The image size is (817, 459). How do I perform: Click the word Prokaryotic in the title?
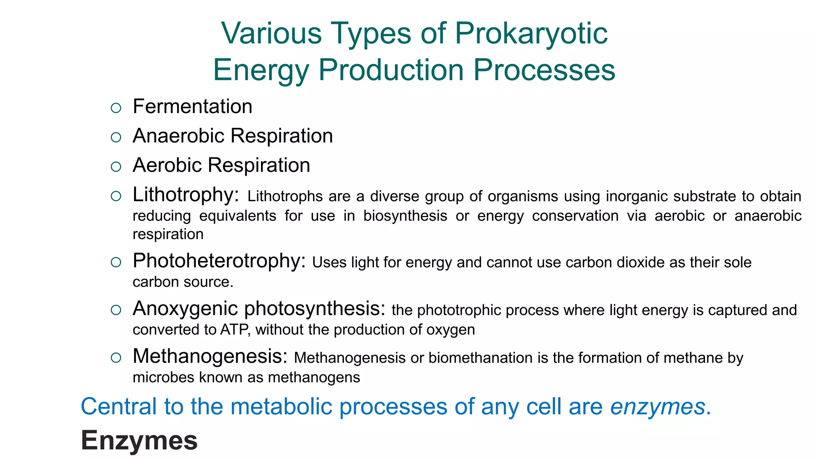[531, 33]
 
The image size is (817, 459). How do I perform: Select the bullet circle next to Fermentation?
[116, 108]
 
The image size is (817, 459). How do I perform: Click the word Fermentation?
[192, 107]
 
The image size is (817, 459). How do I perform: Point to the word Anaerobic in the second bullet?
[179, 136]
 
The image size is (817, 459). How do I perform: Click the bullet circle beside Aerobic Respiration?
[116, 167]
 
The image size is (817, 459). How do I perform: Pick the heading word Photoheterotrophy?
[219, 261]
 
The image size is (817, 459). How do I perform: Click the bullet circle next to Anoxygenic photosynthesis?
[116, 310]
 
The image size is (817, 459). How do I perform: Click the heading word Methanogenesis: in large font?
[210, 356]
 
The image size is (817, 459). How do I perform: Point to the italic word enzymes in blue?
[657, 407]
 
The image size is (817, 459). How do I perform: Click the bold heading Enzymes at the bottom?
[139, 441]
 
